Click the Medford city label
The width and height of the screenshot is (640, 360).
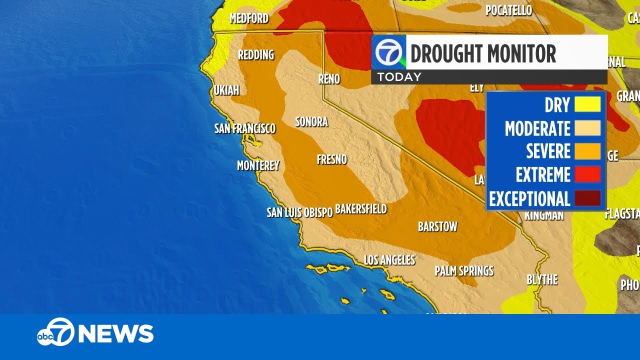pyautogui.click(x=249, y=18)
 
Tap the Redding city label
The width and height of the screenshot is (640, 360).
pyautogui.click(x=256, y=54)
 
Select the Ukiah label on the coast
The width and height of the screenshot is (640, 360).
pyautogui.click(x=226, y=90)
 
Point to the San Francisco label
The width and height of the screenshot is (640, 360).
pyautogui.click(x=245, y=128)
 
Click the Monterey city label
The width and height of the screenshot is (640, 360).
pyautogui.click(x=258, y=165)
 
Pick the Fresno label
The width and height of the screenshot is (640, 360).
pyautogui.click(x=332, y=159)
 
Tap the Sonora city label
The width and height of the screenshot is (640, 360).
pyautogui.click(x=311, y=121)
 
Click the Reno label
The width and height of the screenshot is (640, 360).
pyautogui.click(x=329, y=79)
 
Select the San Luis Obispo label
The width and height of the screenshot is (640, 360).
pyautogui.click(x=299, y=212)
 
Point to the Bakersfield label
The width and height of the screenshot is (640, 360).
pyautogui.click(x=361, y=208)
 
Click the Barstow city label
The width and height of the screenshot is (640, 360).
pyautogui.click(x=437, y=226)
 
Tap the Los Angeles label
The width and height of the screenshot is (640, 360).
pyautogui.click(x=389, y=260)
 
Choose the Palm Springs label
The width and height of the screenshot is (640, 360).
pyautogui.click(x=464, y=271)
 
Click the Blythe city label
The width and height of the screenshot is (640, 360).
pyautogui.click(x=542, y=280)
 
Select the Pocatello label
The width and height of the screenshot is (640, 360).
pyautogui.click(x=508, y=10)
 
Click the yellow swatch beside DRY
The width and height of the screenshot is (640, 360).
pyautogui.click(x=587, y=104)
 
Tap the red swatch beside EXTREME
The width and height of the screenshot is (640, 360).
pyautogui.click(x=587, y=174)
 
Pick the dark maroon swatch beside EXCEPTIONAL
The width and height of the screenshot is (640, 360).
pyautogui.click(x=587, y=198)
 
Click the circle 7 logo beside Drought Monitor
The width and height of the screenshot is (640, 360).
pyautogui.click(x=388, y=52)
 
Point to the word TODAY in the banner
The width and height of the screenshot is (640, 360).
pyautogui.click(x=399, y=77)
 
